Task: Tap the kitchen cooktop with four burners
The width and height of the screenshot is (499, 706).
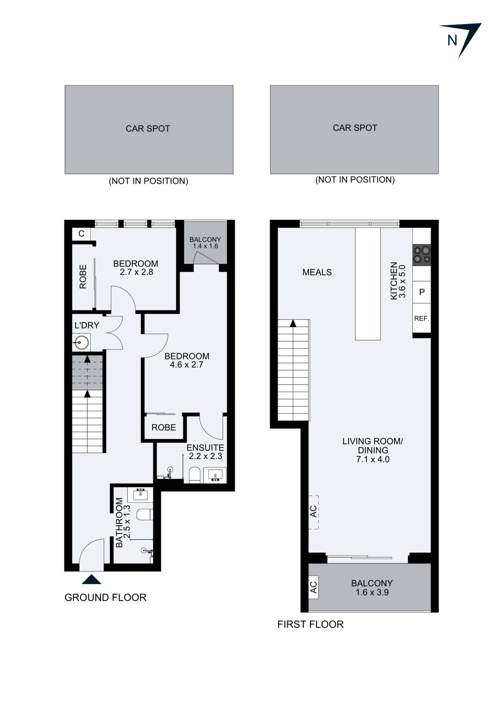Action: point(422,255)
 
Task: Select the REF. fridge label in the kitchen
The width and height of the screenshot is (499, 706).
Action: point(421,318)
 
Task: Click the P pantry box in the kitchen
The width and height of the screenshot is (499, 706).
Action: point(422,292)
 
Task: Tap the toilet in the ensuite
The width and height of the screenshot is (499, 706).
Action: point(194,475)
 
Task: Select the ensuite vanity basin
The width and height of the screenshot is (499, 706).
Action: point(215,475)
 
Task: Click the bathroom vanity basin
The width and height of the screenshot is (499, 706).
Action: point(140,494)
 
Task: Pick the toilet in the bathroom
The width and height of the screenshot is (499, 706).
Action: point(144,514)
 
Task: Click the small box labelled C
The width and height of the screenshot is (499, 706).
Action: point(81,234)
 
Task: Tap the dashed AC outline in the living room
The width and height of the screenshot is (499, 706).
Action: point(313,512)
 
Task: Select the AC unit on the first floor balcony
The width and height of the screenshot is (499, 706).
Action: point(313,588)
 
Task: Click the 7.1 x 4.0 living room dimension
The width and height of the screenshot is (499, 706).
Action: point(373,459)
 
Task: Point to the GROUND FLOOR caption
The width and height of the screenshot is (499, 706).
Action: point(105,598)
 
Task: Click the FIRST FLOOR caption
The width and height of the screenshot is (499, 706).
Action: point(310,624)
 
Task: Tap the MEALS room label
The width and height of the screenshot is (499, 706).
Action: point(317,272)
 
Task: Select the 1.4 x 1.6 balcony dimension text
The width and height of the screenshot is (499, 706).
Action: point(205,246)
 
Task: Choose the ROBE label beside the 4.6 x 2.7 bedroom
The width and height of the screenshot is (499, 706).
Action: point(163,427)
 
